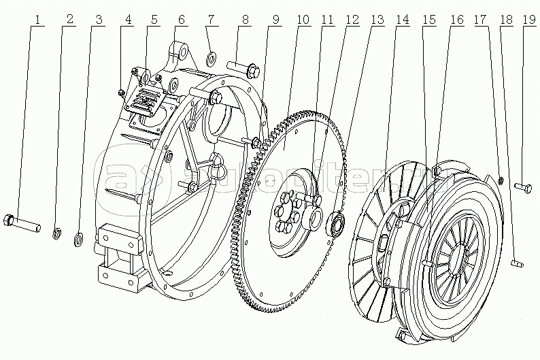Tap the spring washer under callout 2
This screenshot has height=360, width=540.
57,235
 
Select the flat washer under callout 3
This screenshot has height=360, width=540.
78,238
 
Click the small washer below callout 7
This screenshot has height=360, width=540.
210,56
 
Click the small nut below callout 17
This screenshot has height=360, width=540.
500,180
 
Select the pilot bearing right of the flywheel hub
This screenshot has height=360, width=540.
337,224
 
